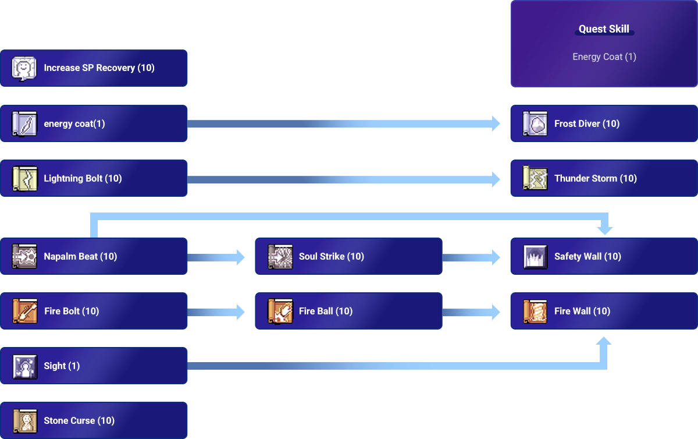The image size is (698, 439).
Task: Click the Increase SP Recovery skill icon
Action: click(24, 68)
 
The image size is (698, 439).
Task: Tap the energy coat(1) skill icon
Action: click(24, 124)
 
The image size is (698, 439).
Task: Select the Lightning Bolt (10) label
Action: click(83, 179)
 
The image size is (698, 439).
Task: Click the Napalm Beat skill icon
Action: click(24, 257)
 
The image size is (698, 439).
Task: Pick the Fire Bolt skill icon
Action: click(24, 311)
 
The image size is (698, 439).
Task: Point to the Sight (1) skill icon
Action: click(24, 366)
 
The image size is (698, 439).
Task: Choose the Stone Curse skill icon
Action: click(24, 421)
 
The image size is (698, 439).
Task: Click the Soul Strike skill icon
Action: click(280, 257)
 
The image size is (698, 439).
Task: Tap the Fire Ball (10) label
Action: click(326, 311)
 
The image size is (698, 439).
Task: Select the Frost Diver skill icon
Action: click(535, 124)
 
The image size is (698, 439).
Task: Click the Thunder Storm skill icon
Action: click(535, 179)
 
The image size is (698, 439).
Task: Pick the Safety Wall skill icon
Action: click(535, 257)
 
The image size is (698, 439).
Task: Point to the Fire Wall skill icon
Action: click(535, 311)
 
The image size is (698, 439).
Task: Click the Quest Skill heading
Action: click(604, 29)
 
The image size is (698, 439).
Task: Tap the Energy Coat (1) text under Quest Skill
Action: click(604, 57)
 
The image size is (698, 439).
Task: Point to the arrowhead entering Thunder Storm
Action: click(496, 179)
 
